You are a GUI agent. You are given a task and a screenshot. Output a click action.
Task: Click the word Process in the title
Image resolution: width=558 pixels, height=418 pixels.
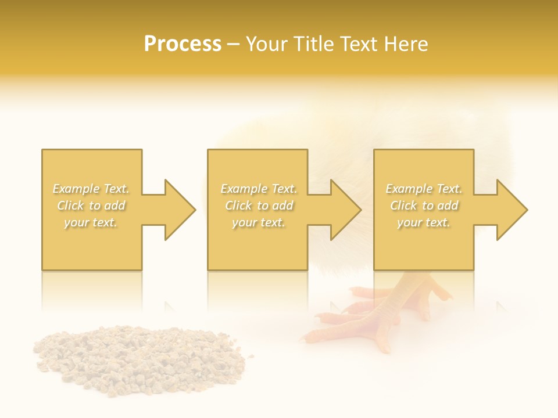183,44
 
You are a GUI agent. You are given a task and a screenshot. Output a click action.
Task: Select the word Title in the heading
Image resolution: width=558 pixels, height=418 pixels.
313,44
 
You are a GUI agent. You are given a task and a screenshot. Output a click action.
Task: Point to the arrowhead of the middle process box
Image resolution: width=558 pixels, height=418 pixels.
345,210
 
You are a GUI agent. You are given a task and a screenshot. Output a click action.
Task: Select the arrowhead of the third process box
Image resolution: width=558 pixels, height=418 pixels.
512,210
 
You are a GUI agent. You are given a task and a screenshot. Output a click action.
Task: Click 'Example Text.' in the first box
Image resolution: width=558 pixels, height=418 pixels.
91,189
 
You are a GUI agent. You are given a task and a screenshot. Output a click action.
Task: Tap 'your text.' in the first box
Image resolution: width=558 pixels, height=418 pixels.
91,222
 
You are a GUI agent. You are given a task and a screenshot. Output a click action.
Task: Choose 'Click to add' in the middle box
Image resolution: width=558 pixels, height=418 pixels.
259,206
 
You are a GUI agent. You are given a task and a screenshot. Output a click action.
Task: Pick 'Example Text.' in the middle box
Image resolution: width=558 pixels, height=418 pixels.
259,189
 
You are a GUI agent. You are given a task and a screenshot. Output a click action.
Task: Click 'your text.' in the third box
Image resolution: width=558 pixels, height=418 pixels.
424,222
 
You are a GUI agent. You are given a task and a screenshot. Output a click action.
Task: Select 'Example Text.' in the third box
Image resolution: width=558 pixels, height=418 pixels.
424,189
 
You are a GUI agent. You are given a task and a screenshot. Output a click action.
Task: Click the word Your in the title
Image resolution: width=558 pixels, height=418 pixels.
267,44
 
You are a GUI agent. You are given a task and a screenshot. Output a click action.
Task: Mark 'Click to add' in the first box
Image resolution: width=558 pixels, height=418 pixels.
91,206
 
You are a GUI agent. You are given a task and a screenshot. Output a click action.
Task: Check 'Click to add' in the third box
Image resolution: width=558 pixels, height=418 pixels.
424,206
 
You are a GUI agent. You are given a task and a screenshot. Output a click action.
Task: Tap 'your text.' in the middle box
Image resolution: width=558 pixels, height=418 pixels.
259,222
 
